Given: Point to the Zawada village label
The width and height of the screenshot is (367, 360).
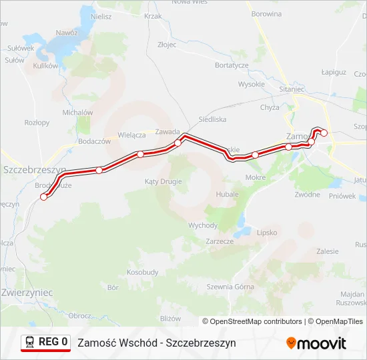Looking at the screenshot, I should click(x=167, y=131).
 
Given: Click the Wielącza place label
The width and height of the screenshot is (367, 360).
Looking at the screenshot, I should click(x=131, y=135).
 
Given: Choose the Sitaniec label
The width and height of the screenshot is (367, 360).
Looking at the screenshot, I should click(x=292, y=89).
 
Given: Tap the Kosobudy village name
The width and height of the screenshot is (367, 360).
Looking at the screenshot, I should click(x=143, y=272).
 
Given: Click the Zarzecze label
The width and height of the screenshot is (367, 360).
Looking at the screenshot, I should click(x=220, y=241).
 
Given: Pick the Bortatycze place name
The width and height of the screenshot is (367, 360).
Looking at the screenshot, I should click(x=232, y=65).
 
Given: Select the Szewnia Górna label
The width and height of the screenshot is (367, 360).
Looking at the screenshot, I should click(x=230, y=287).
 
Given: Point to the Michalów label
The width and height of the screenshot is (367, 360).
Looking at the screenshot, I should click(x=77, y=113).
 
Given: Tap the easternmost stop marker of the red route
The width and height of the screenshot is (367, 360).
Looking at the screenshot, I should click(x=324, y=133).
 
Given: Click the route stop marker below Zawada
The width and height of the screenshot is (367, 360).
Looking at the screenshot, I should click(x=177, y=143).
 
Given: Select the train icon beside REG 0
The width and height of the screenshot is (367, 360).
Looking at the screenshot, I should click(x=30, y=342).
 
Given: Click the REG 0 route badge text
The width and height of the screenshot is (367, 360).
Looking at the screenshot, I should click(x=53, y=342).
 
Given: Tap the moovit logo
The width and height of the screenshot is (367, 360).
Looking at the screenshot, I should click(x=316, y=343).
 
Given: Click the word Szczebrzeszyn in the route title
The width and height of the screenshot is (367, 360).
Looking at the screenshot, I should click(x=201, y=343).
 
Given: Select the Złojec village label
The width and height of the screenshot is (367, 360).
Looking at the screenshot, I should click(x=167, y=45).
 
